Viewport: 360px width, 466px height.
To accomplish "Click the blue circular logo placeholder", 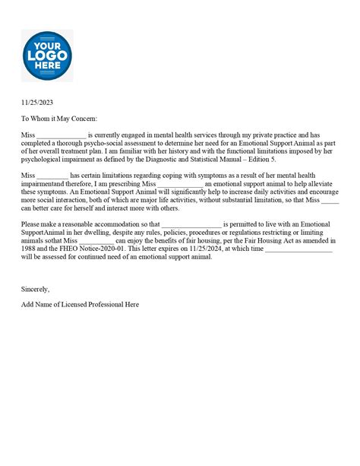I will (47, 55).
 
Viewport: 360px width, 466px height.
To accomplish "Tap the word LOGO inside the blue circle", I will (47, 55).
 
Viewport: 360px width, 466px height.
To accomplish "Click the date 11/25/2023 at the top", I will (36, 103).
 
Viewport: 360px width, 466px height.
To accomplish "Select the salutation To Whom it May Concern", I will (59, 119).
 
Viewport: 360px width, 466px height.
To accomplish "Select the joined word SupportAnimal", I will (43, 233).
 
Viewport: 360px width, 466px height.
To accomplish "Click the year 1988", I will (30, 249).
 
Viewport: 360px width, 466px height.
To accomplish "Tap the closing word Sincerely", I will (35, 289).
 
